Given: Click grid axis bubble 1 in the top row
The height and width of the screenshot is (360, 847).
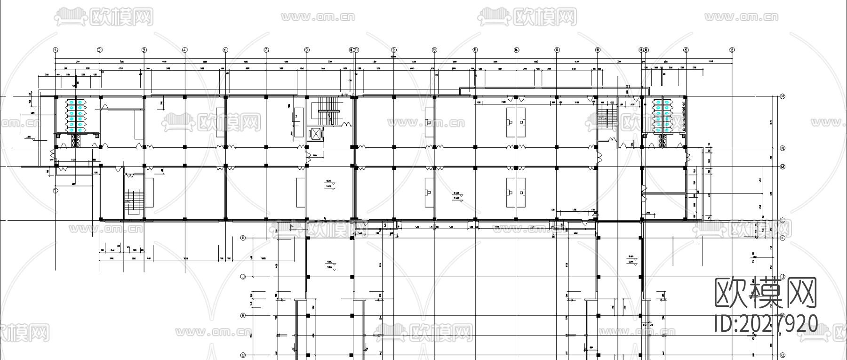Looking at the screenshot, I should (x=55, y=49).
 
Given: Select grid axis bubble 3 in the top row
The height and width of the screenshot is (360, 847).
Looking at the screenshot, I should (x=144, y=49).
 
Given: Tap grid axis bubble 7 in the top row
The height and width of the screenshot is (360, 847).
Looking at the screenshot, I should (x=266, y=49).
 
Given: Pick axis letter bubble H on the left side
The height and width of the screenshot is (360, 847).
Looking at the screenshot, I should (x=243, y=315).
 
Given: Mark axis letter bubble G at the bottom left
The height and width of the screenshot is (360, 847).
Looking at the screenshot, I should (x=243, y=355).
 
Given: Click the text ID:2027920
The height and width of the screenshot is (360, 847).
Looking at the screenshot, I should (x=766, y=324).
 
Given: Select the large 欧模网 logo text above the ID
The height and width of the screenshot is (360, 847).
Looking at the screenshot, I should (x=766, y=293).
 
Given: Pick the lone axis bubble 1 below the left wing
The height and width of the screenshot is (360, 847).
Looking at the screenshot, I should (x=55, y=191).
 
